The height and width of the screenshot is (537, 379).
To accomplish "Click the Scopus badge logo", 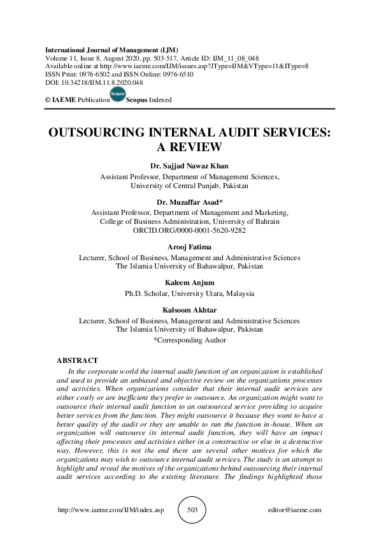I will [x=118, y=95].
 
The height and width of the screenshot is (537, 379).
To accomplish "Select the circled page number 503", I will [x=189, y=510].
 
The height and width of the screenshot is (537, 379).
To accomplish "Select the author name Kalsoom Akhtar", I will [x=189, y=311].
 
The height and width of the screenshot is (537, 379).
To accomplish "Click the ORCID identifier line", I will [x=189, y=231].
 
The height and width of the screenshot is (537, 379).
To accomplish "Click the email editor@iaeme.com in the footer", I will [x=296, y=510].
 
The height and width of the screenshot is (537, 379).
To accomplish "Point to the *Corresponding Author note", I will [x=189, y=340].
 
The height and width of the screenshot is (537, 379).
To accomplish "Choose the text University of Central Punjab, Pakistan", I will [x=189, y=187].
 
